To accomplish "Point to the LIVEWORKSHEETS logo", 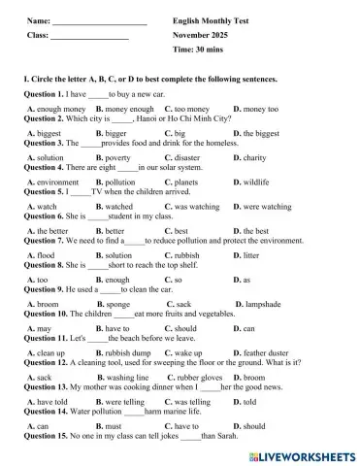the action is pyautogui.click(x=295, y=454).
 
